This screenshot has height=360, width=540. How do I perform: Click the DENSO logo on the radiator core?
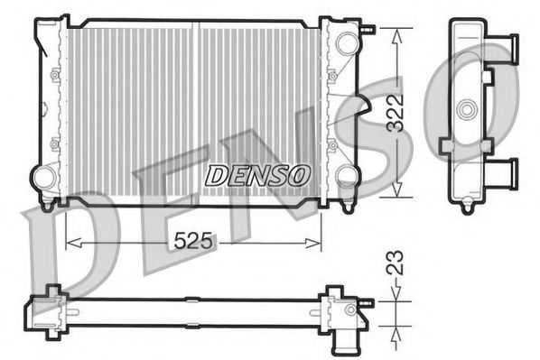[x=257, y=173]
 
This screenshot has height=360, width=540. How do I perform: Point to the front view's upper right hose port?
[x=345, y=42]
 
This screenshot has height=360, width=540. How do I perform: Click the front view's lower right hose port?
[x=348, y=176]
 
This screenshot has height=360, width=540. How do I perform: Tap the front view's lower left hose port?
[x=42, y=176]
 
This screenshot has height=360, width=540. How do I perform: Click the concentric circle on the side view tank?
[x=467, y=111]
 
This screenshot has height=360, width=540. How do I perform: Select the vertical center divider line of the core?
[x=196, y=108]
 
